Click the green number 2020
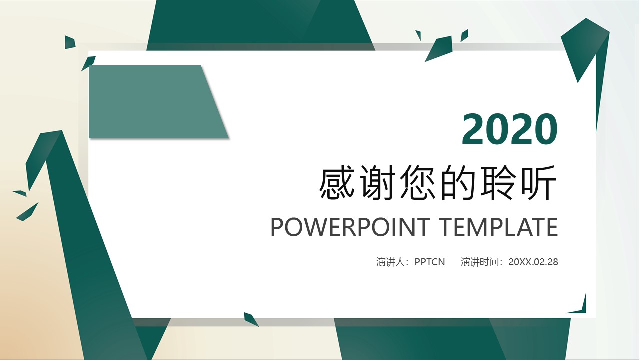509,129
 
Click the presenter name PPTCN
430,262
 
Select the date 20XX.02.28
533,262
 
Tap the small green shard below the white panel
250,319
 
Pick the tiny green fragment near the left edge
20,193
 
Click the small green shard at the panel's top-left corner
89,62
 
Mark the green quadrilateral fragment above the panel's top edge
440,48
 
